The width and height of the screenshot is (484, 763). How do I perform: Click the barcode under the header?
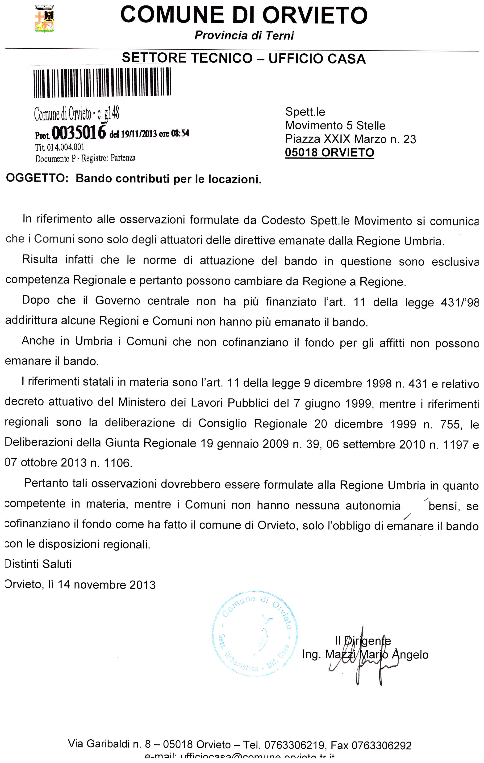(102, 82)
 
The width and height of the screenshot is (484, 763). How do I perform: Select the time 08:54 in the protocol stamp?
(180, 133)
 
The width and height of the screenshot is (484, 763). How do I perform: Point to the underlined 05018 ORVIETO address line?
(329, 153)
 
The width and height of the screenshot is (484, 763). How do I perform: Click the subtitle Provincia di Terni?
(244, 35)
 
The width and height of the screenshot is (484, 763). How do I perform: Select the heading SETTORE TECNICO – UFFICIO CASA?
(244, 58)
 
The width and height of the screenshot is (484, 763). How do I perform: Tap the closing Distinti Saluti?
(39, 564)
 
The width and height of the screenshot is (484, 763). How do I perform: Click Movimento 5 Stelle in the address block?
(335, 126)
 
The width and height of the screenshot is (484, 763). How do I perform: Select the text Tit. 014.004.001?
(59, 147)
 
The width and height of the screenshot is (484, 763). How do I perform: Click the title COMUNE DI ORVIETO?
(244, 15)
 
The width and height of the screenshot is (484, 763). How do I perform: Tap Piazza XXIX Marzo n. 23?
(350, 139)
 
